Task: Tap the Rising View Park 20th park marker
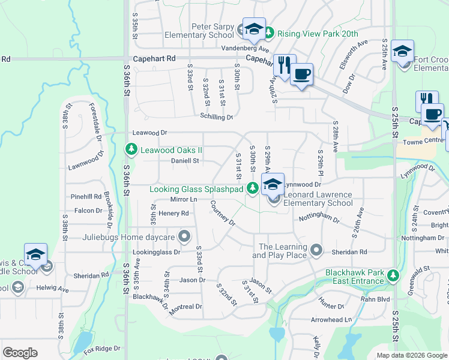269,34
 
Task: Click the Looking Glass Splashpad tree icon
253,189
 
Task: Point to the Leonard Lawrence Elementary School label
318,199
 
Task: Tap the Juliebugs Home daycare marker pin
185,236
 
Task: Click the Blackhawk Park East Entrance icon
393,276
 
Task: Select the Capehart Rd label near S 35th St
154,59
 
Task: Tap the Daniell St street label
185,161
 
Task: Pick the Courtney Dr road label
223,213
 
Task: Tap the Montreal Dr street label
185,307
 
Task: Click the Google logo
20,353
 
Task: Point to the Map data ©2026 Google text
412,355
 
